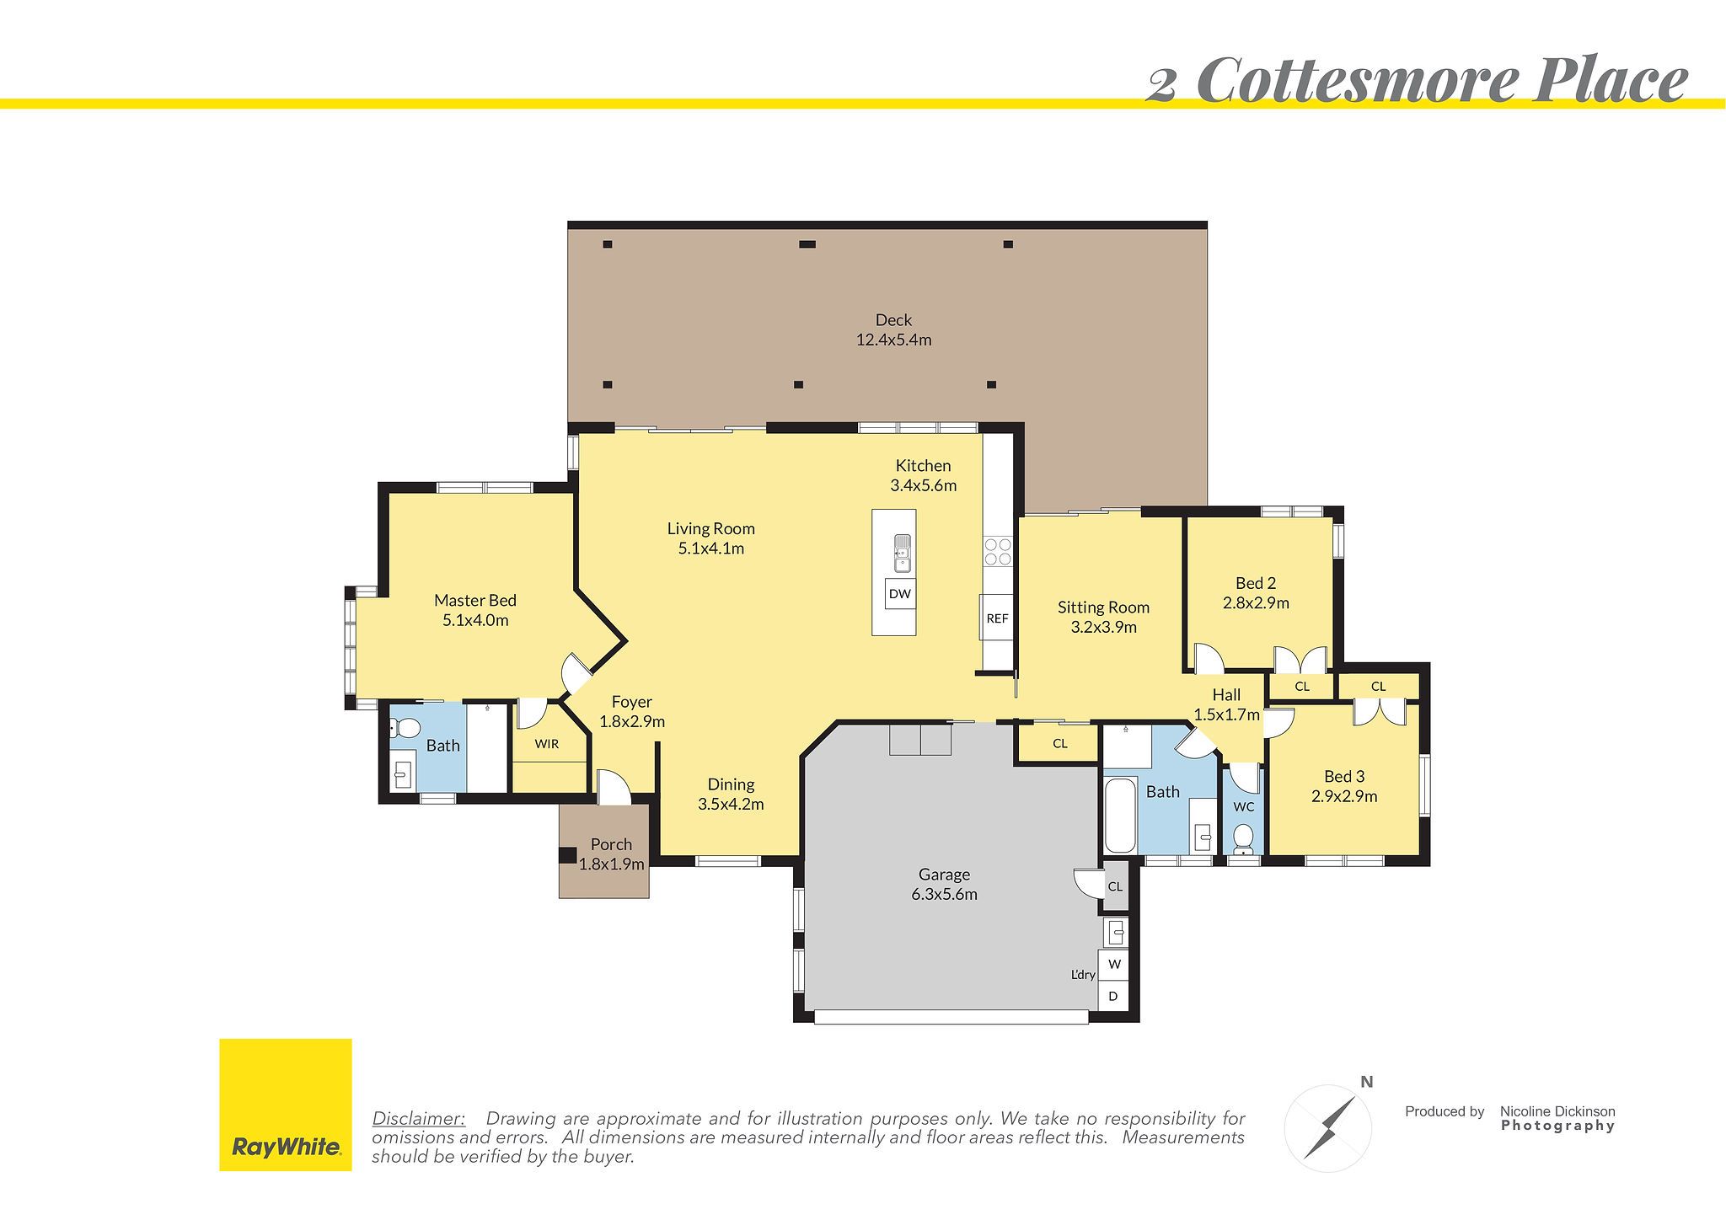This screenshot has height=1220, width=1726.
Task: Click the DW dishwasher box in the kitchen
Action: (x=900, y=594)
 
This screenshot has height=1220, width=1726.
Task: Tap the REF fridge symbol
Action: (x=997, y=618)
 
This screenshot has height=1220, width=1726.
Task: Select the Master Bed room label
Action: (x=474, y=601)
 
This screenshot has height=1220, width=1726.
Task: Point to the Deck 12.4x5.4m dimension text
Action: (x=893, y=340)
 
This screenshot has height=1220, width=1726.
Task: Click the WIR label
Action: (x=547, y=744)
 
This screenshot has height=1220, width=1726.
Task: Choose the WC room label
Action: (x=1244, y=807)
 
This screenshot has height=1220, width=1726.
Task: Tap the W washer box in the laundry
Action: (x=1114, y=964)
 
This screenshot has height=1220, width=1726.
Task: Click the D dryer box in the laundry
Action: (x=1113, y=996)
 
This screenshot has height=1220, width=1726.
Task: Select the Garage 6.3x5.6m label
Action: (x=944, y=885)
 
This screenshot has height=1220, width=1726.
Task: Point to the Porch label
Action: (x=611, y=844)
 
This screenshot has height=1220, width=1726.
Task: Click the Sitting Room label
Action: (x=1103, y=607)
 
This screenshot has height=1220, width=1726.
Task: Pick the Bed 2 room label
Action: (x=1256, y=583)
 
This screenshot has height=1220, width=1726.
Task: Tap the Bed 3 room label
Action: (x=1344, y=777)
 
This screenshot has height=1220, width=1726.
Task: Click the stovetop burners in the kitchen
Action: (x=998, y=552)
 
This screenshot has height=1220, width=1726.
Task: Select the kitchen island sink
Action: (x=902, y=552)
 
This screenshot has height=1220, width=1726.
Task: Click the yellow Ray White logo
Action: (x=285, y=1105)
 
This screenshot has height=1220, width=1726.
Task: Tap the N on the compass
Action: (x=1367, y=1083)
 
